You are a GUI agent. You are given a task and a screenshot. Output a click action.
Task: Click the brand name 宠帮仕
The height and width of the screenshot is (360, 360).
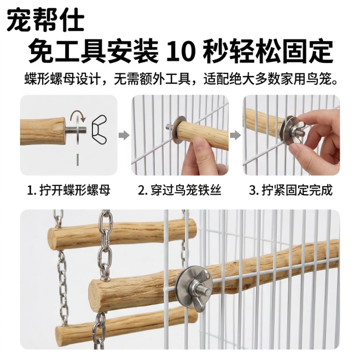(x=46, y=20)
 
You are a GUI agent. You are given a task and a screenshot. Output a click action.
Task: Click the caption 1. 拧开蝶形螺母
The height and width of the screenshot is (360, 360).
(x=68, y=190)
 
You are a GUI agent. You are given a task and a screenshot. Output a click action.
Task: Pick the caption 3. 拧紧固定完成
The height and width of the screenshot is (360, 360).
(x=291, y=190)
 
